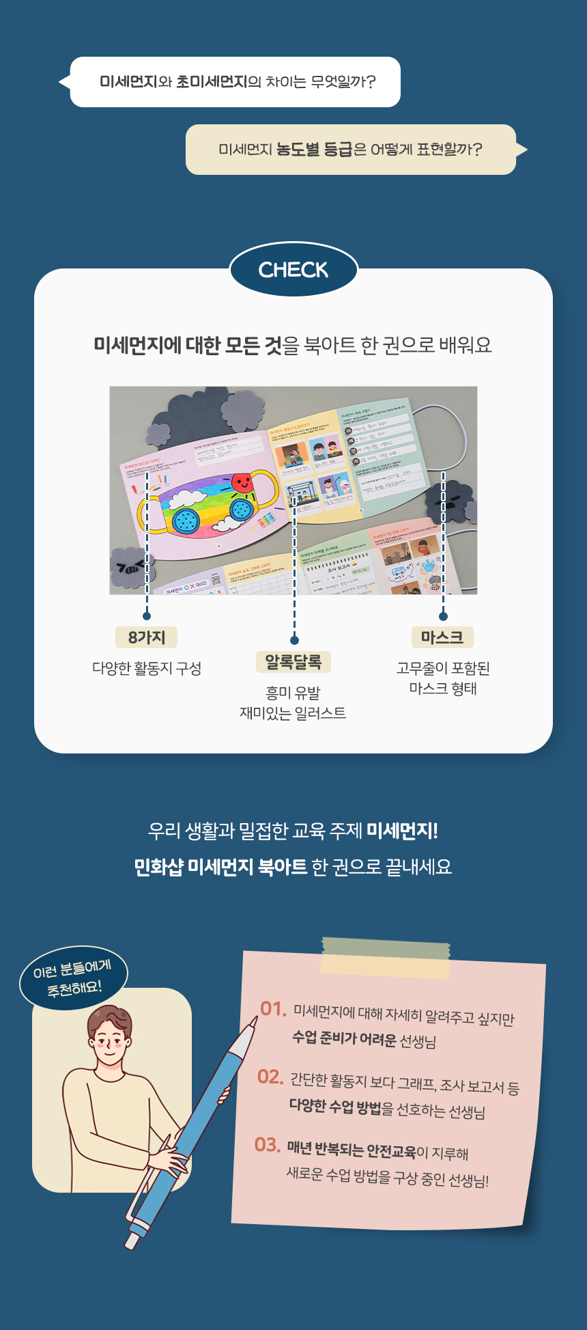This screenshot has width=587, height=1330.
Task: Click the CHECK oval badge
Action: [293, 270]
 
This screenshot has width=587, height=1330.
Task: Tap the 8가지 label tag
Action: [147, 637]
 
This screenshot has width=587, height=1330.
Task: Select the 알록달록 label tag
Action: [293, 662]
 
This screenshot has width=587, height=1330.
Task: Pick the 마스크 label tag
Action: [442, 637]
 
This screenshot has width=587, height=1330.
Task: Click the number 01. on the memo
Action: [273, 1008]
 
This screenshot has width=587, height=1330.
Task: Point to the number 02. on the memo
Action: [270, 1077]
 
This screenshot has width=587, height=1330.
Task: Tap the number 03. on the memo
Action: [268, 1145]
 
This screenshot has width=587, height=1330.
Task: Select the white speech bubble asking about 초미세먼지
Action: [235, 82]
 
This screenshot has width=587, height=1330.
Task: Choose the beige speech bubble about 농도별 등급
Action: [351, 150]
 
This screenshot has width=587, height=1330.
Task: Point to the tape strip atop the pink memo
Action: [386, 956]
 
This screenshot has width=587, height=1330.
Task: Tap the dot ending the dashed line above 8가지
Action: [147, 615]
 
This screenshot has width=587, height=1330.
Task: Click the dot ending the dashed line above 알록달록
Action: [294, 640]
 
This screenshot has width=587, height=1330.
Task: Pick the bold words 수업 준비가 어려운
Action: [344, 1038]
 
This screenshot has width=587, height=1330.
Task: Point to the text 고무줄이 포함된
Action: [443, 668]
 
